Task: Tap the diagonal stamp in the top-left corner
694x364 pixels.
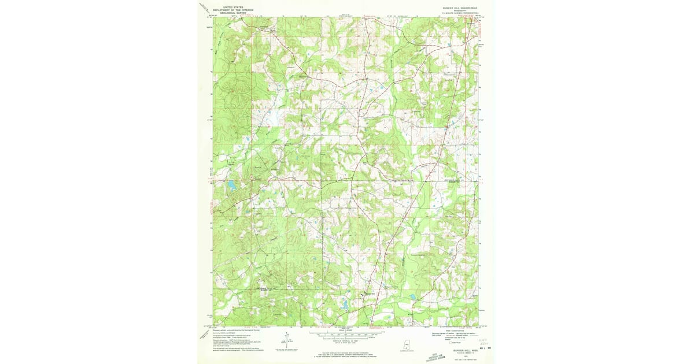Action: tap(204, 8)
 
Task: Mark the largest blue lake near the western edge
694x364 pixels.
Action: tap(231, 185)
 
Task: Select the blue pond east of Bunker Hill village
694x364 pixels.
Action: tap(412, 297)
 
